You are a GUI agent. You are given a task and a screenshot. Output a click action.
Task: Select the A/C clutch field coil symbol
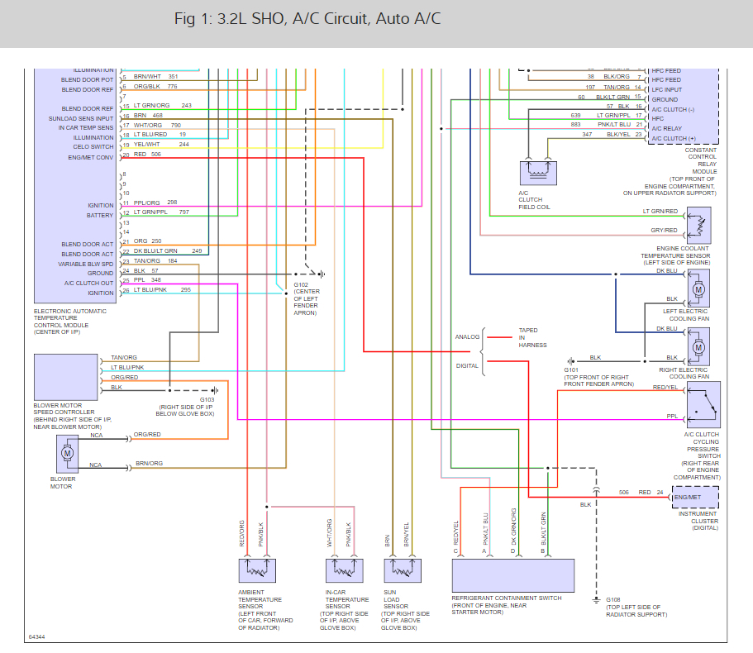538,172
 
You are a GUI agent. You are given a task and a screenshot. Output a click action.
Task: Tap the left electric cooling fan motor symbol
698,290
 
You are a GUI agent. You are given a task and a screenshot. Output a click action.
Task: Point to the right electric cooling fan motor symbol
698,343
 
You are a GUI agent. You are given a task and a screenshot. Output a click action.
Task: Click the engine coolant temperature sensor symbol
699,222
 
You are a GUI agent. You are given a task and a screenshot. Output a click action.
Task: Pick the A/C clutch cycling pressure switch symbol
699,403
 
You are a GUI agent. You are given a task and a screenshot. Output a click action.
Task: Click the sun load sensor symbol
403,571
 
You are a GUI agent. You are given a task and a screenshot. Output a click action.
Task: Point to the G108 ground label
612,600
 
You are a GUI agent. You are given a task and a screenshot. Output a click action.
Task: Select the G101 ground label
571,370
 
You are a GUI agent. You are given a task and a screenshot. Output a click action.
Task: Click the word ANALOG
467,337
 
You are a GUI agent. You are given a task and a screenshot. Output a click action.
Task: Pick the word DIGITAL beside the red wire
467,365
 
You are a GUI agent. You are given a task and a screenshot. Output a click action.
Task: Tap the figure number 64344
37,637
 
